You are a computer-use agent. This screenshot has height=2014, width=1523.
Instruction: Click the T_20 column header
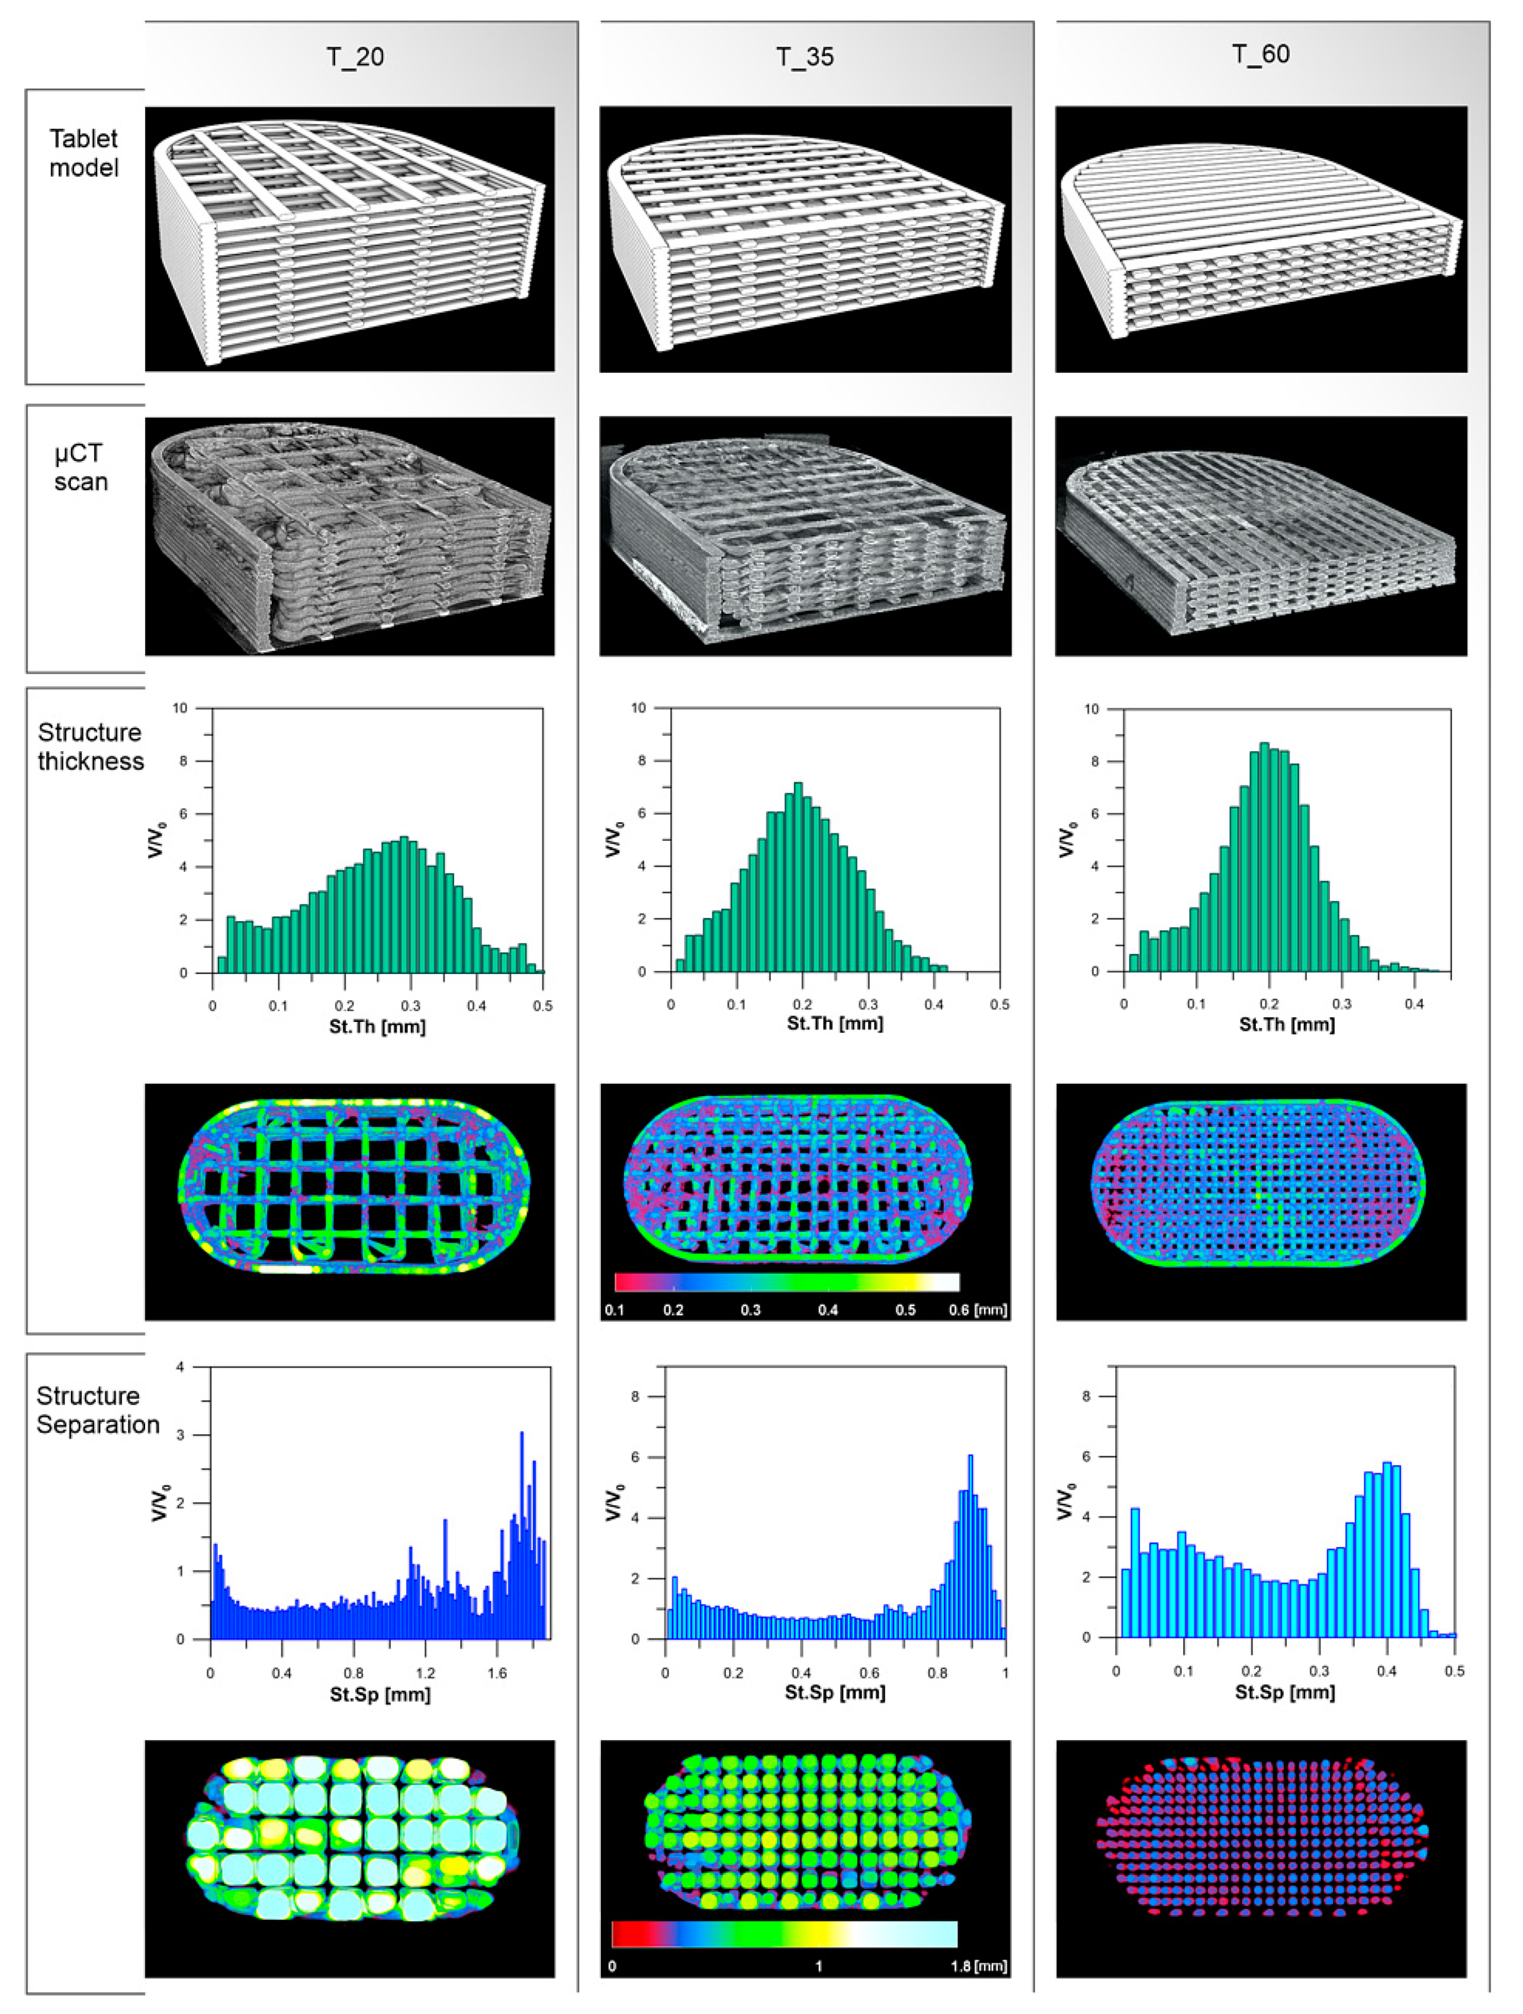[x=355, y=57]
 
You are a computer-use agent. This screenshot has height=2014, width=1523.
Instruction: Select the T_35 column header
[x=805, y=57]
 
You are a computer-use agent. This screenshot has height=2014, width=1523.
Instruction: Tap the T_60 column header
[x=1260, y=54]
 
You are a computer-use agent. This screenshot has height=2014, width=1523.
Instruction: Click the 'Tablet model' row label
[x=84, y=153]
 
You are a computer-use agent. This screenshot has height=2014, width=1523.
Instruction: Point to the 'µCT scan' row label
[x=80, y=467]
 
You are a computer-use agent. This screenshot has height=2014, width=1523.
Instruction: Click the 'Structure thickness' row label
[x=90, y=747]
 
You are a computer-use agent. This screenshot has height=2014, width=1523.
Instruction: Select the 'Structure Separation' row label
[x=97, y=1410]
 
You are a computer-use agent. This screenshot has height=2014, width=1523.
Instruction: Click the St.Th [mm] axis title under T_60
[x=1287, y=1024]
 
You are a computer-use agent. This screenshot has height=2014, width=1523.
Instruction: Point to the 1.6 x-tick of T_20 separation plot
[x=497, y=1672]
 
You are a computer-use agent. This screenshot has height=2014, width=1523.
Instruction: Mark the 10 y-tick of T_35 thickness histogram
[x=638, y=707]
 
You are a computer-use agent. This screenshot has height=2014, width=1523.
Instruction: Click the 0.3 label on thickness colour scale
[x=751, y=1310]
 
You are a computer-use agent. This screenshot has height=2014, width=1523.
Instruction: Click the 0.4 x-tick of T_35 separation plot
[x=801, y=1672]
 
